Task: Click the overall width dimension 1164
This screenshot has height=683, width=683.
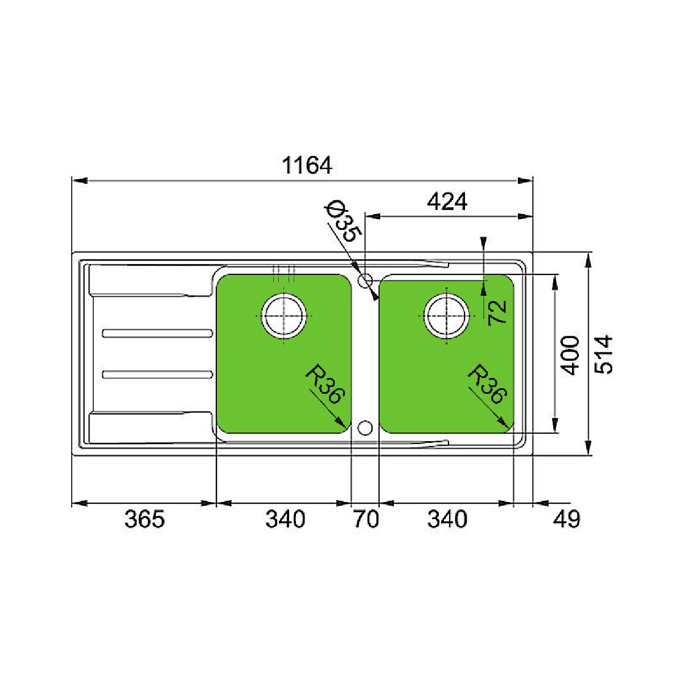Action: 307,165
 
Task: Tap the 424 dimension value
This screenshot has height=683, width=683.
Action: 447,201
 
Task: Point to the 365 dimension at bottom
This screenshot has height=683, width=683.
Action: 145,519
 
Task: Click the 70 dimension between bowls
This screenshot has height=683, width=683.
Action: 367,519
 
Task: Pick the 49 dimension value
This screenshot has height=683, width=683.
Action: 566,519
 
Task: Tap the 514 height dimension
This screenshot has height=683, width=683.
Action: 603,354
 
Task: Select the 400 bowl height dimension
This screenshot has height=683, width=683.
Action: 570,355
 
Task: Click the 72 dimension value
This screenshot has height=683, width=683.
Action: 497,312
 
